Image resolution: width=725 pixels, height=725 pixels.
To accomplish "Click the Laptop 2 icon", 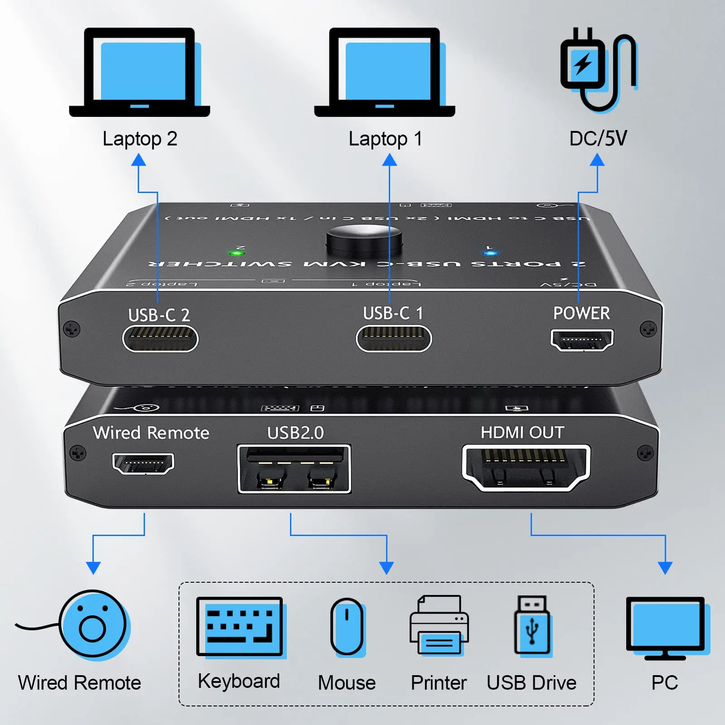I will pyautogui.click(x=140, y=72).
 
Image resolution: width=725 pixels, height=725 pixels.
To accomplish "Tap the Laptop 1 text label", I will pyautogui.click(x=385, y=139).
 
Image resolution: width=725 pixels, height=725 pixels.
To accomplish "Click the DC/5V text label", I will pyautogui.click(x=598, y=139).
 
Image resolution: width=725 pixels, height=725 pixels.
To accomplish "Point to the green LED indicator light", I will pyautogui.click(x=236, y=253).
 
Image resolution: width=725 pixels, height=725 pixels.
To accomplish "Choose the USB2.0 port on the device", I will pyautogui.click(x=294, y=469).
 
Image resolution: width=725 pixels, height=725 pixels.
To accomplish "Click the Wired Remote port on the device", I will pyautogui.click(x=143, y=463).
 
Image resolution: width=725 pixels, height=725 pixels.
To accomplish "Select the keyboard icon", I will pyautogui.click(x=240, y=626).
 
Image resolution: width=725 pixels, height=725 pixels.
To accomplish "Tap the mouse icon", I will pyautogui.click(x=347, y=627).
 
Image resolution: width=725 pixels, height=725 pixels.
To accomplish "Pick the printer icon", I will pyautogui.click(x=439, y=625).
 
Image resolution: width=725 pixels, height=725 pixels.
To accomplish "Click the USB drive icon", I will pyautogui.click(x=532, y=625).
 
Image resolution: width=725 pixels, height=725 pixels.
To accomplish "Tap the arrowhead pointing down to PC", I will pyautogui.click(x=665, y=567).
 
